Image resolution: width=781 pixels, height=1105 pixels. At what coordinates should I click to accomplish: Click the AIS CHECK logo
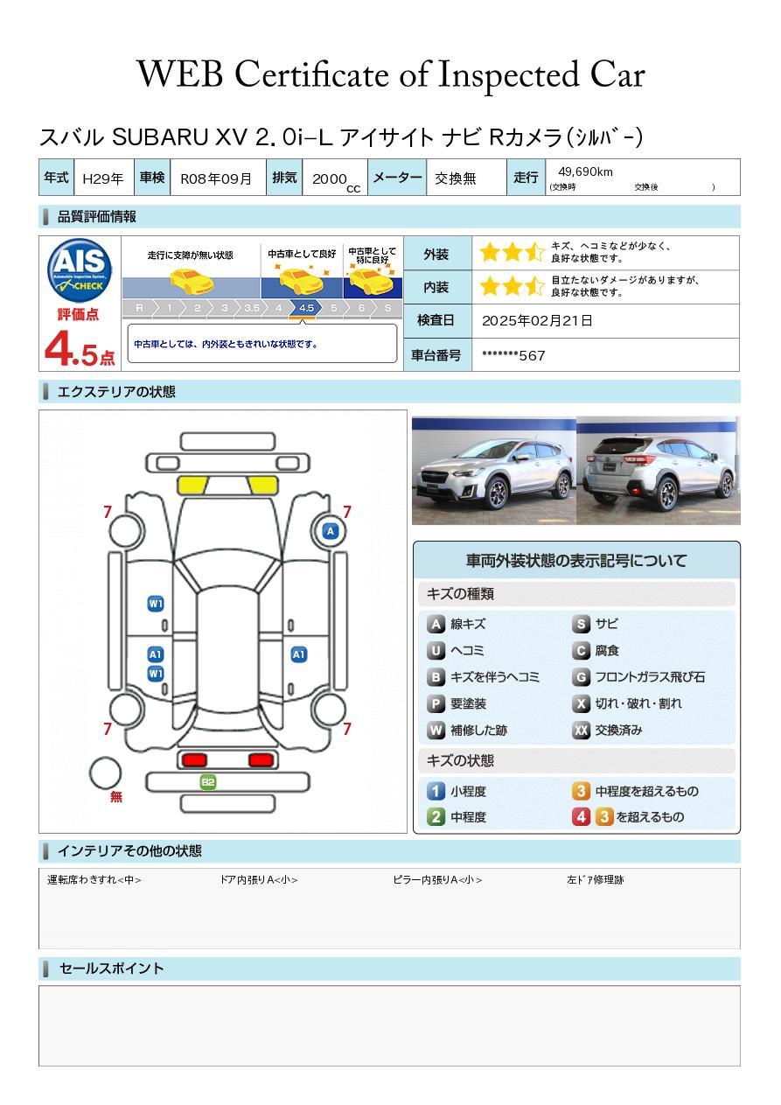coord(80,269)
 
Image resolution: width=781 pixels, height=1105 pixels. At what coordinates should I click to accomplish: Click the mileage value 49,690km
coord(585,171)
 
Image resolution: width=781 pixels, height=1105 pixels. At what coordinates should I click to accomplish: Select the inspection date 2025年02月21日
coord(537,320)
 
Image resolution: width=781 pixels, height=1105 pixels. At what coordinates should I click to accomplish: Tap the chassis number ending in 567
coord(513,355)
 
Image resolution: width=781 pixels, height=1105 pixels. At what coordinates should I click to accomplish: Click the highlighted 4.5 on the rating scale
coord(306,308)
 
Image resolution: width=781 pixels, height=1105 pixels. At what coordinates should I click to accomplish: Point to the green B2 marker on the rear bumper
coord(208,782)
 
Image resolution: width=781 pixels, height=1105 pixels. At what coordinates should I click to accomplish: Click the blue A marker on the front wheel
coord(331,531)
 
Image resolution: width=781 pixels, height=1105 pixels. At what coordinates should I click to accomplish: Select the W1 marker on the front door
coord(156,604)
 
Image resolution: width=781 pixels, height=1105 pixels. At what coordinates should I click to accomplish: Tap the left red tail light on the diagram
coord(194,759)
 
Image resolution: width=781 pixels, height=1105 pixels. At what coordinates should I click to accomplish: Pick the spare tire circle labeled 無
coord(105,773)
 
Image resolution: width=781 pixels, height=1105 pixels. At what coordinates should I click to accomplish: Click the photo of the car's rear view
coord(659,470)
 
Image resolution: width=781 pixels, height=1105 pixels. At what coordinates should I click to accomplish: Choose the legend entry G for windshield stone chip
coord(639,677)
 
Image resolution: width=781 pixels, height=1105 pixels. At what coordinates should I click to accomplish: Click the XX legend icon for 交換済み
coord(581,730)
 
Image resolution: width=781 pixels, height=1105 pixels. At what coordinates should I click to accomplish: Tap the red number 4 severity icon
coord(581,816)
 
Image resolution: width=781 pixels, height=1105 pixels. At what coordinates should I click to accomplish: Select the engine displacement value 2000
coord(330,178)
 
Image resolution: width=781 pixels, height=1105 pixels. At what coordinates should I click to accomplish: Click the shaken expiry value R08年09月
coord(216,178)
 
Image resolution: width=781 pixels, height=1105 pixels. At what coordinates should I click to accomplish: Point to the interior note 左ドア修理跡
coord(595,879)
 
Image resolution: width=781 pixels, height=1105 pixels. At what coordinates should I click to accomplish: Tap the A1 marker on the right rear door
coord(299,654)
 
